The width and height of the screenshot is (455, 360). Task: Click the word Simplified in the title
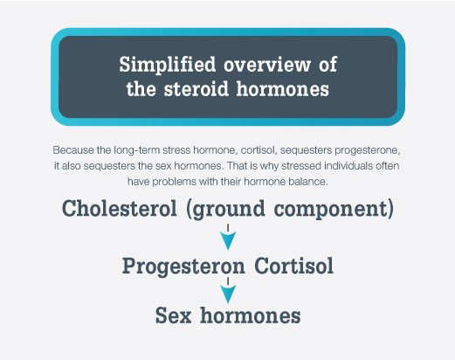168,65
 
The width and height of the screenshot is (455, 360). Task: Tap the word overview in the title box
267,65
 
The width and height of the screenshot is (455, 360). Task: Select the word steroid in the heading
196,89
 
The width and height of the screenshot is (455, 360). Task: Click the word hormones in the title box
283,89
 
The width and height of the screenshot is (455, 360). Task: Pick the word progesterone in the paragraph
367,151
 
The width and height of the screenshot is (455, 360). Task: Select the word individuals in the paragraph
348,166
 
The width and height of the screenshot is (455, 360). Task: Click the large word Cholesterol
120,208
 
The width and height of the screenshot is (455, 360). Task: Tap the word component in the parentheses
332,209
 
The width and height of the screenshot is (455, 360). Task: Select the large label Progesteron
183,267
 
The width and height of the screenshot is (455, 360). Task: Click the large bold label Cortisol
294,266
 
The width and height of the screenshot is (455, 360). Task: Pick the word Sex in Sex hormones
174,315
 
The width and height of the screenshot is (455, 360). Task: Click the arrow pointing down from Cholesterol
228,237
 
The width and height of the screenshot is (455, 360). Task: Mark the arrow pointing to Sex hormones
228,290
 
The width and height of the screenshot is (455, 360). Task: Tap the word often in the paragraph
388,166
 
